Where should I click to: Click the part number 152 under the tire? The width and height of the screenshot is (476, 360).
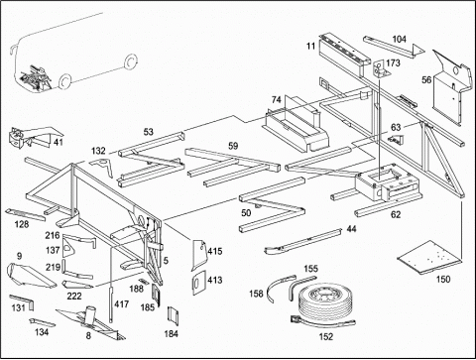coord(326,336)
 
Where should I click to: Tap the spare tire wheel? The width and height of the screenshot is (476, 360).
coord(323,301)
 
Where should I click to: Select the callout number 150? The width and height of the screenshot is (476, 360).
coord(443,280)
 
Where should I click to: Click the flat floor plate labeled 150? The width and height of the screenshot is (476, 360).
coord(429,258)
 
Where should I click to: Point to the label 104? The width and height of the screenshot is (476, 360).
coord(399,40)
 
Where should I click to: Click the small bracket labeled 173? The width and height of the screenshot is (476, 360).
coord(380,69)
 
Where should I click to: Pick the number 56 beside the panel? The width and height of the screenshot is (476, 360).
coord(426,80)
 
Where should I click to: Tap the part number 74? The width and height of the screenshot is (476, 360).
coord(277,99)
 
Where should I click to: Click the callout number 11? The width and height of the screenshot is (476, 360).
coord(310,46)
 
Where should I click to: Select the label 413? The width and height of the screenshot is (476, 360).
coord(214,280)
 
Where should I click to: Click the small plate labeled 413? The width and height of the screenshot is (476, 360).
coord(198,283)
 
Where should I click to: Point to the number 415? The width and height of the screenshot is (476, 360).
coord(215,251)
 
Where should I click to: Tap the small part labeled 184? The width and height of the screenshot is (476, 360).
coord(173,316)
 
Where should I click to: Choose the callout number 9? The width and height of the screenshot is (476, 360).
coord(19,256)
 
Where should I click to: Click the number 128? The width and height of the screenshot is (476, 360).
coord(22,224)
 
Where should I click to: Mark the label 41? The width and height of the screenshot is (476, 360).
coord(59,142)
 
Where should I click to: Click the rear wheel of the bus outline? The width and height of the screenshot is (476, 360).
coord(130,61)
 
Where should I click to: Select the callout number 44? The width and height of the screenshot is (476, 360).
coord(351,229)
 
